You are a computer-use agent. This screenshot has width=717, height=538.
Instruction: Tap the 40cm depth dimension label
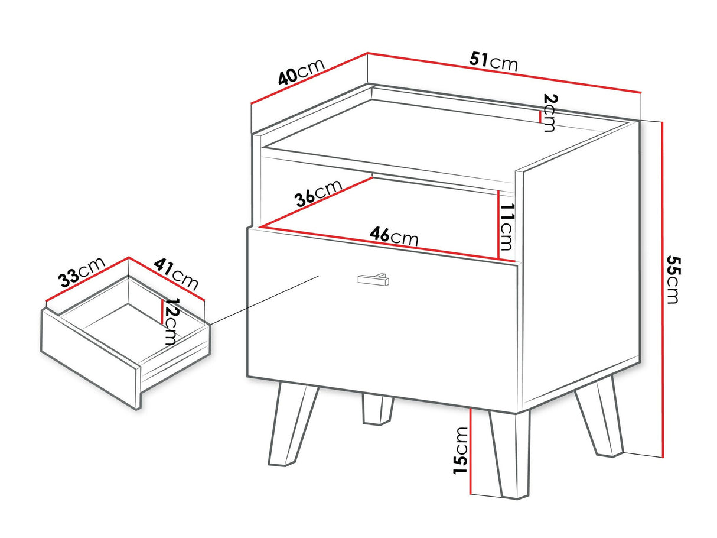(301, 72)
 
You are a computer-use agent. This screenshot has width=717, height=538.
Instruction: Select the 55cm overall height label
(673, 280)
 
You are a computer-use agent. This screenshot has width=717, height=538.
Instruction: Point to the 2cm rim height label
(549, 112)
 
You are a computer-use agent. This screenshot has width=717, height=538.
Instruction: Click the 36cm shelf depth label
(318, 193)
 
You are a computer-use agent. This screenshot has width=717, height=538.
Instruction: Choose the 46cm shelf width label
(393, 236)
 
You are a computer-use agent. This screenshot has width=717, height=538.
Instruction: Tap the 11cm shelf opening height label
(507, 227)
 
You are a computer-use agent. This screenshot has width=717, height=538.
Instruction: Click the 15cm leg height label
(461, 451)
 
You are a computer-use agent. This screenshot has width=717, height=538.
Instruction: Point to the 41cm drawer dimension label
(176, 274)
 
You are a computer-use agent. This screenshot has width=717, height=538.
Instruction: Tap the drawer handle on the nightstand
(373, 279)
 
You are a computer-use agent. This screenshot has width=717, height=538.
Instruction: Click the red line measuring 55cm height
(662, 290)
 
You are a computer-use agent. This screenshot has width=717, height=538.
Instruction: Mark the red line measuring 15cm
(470, 456)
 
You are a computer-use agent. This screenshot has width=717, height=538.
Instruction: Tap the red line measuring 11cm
(499, 225)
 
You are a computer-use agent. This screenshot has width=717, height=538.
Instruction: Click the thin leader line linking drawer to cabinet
(264, 300)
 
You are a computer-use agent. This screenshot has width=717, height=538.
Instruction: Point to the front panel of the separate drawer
(90, 358)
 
